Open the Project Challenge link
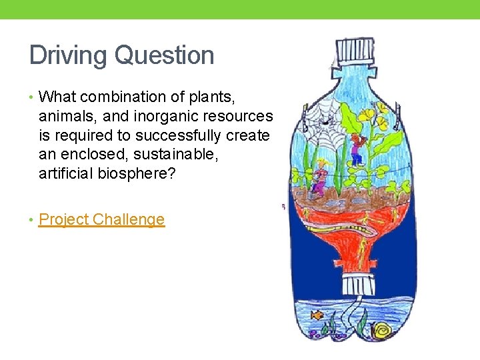[x=101, y=219]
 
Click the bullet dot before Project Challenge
[x=32, y=219]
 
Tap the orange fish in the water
[x=317, y=315]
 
